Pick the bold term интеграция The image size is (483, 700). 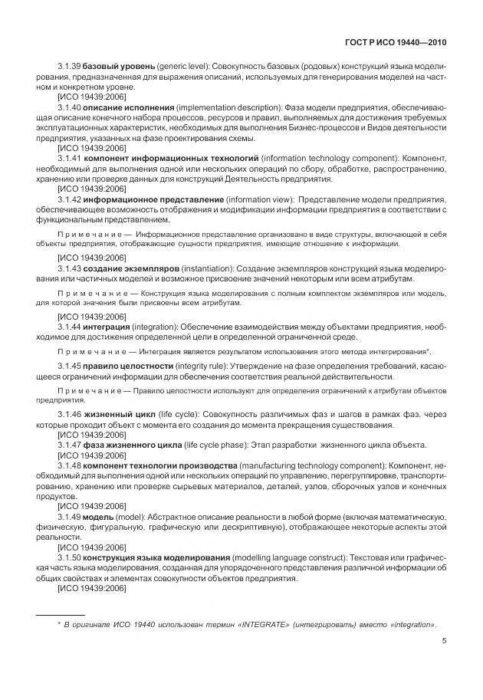tap(107, 327)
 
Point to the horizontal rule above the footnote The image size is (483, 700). tap(61, 614)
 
